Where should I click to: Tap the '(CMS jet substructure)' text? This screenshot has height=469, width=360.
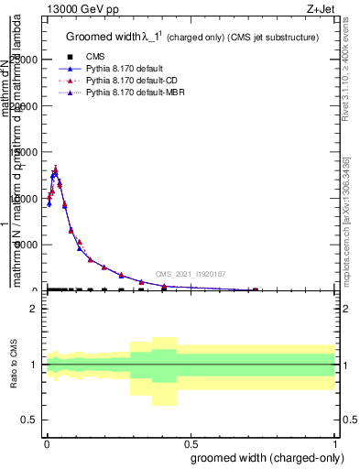pos(273,38)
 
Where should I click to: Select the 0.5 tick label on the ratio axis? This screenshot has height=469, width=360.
pos(31,420)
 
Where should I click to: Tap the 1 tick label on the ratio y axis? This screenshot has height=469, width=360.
pos(34,365)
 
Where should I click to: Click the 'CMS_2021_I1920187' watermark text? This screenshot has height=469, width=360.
pos(190,273)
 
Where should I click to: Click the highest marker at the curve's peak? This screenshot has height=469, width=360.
pos(56,169)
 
